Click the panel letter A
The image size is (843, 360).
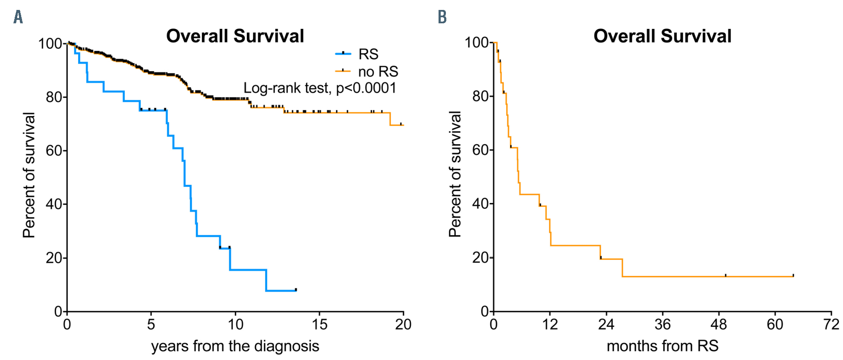tap(18, 17)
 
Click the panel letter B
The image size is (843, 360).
tap(442, 17)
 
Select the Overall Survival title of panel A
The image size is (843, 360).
tap(235, 36)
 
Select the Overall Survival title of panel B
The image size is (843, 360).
tap(662, 36)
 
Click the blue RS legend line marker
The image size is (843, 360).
tap(343, 54)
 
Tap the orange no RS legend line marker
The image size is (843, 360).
tap(343, 71)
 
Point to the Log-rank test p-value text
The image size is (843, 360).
tap(320, 88)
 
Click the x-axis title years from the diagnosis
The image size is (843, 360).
tap(235, 346)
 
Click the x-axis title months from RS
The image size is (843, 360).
tap(662, 346)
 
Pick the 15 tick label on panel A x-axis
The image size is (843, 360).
tap(319, 325)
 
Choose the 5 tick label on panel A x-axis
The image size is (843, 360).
tap(151, 325)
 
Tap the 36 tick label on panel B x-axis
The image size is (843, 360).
tap(662, 325)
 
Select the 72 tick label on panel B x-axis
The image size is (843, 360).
tap(831, 325)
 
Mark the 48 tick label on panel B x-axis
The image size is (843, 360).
tap(719, 325)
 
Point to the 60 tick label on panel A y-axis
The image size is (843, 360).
tap(54, 151)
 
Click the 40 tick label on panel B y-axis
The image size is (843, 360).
tap(480, 204)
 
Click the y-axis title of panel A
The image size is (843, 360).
tap(29, 175)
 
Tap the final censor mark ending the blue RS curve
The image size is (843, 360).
tap(296, 290)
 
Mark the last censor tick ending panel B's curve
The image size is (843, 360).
tap(793, 275)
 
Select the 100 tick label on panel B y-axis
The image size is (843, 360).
tap(477, 43)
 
